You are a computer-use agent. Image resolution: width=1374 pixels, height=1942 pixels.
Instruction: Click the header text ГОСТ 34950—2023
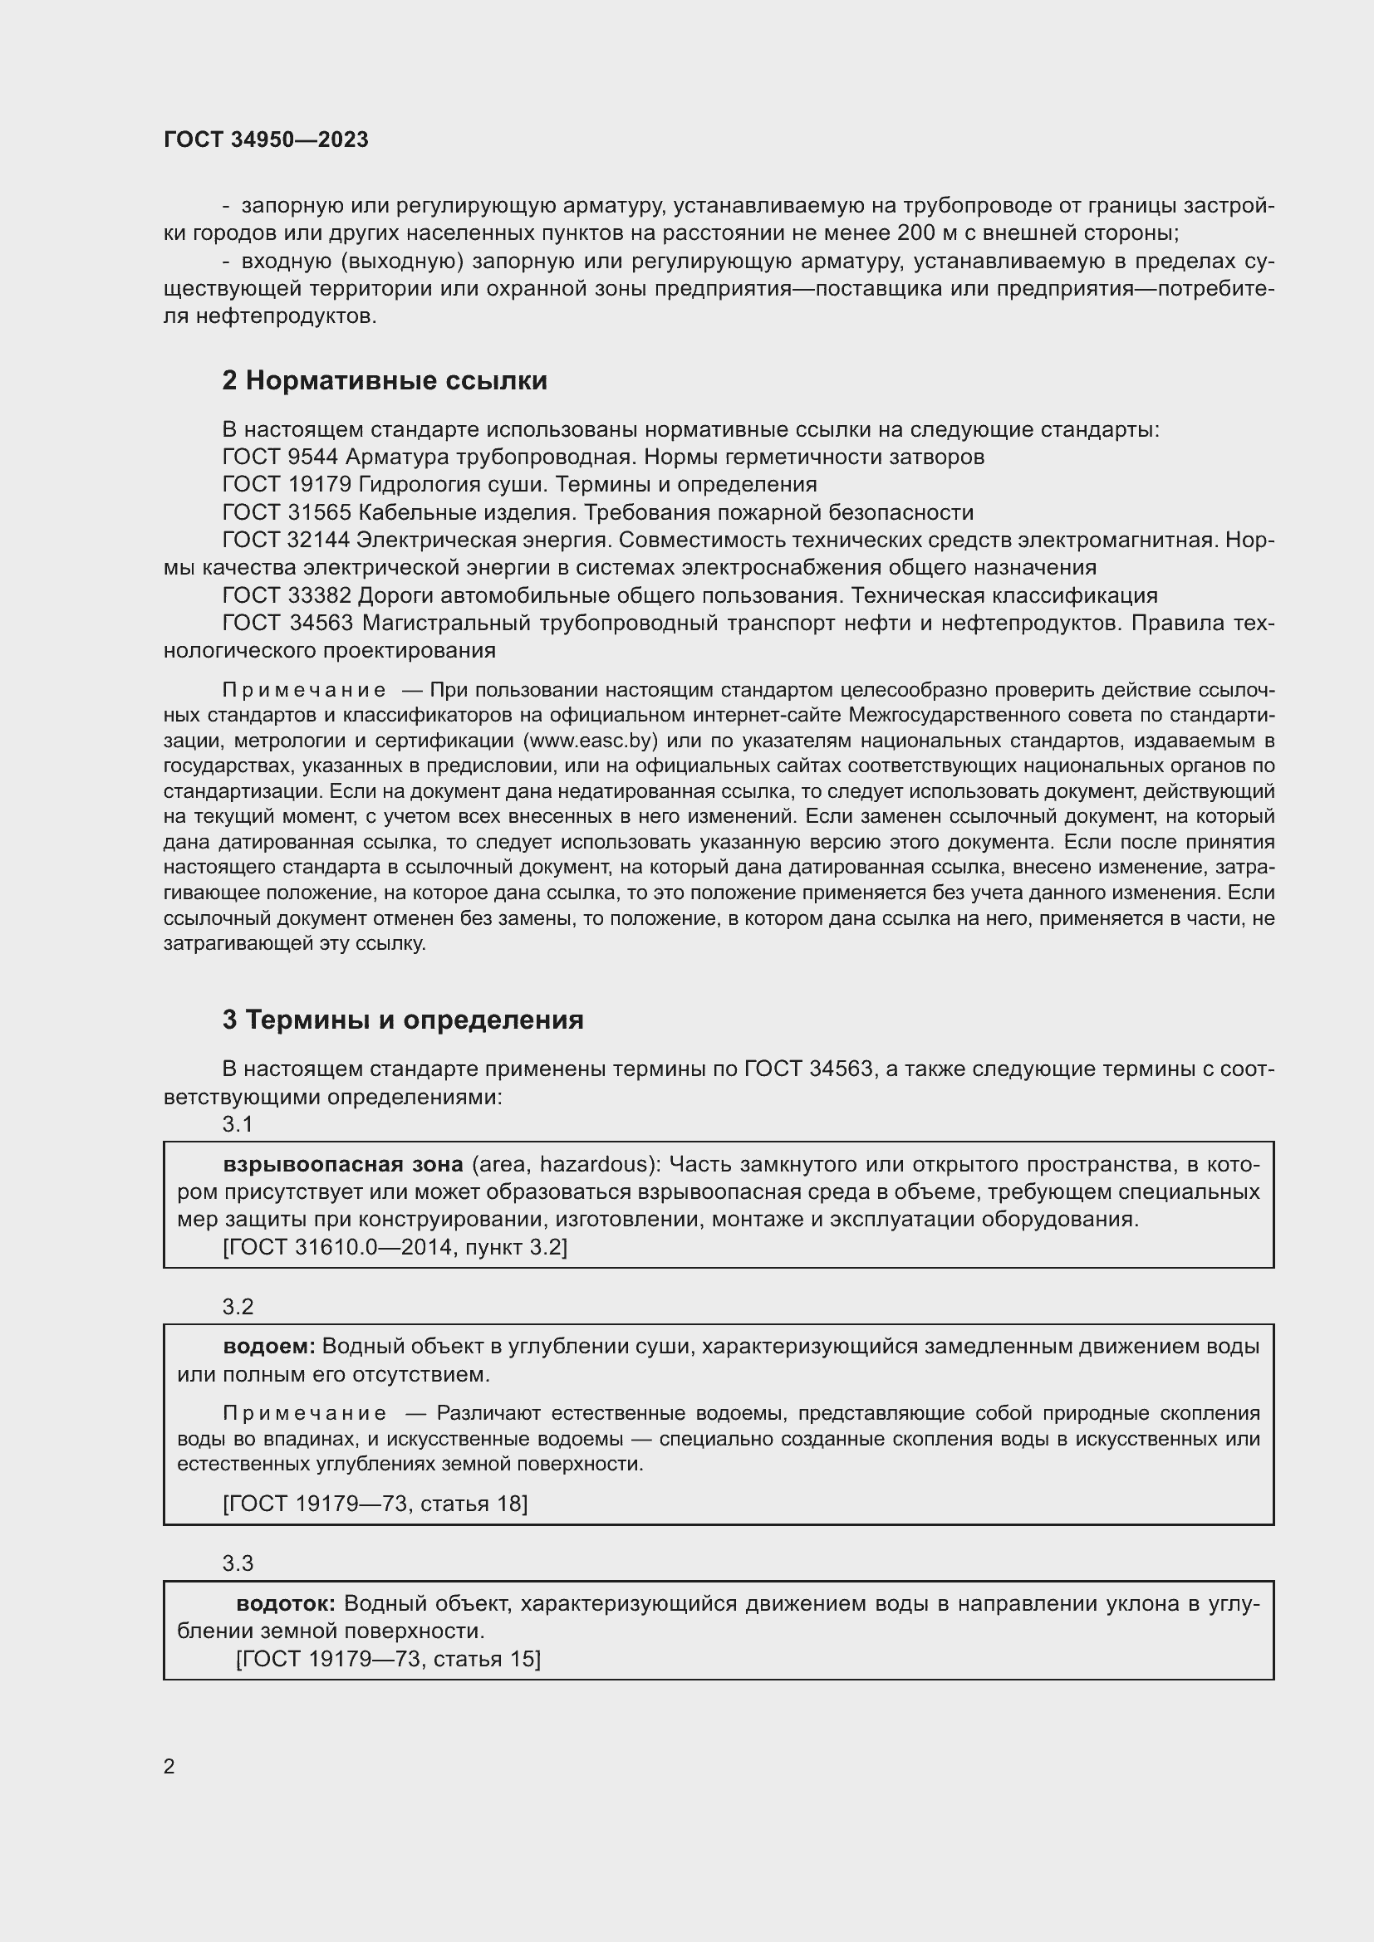pyautogui.click(x=266, y=140)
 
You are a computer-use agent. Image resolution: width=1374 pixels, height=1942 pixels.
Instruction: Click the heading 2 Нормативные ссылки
pyautogui.click(x=384, y=381)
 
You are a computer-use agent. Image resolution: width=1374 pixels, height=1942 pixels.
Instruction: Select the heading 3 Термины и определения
pyautogui.click(x=403, y=1020)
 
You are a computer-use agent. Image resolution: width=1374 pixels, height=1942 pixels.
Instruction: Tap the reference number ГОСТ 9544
pyautogui.click(x=279, y=457)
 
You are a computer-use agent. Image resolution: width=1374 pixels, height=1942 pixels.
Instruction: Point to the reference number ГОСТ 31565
pyautogui.click(x=287, y=512)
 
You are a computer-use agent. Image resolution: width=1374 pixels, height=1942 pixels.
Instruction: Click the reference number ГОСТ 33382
pyautogui.click(x=287, y=595)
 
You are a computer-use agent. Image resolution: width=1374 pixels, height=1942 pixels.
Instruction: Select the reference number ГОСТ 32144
pyautogui.click(x=286, y=540)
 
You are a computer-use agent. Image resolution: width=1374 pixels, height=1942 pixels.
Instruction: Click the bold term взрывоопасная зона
pyautogui.click(x=342, y=1165)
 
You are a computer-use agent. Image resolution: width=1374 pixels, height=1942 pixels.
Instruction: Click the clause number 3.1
pyautogui.click(x=238, y=1124)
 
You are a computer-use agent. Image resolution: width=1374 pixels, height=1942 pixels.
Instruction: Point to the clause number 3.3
pyautogui.click(x=238, y=1563)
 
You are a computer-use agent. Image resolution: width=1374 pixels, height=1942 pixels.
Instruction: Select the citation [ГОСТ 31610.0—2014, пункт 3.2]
pyautogui.click(x=395, y=1247)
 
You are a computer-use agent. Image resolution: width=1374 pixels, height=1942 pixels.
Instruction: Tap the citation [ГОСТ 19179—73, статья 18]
pyautogui.click(x=375, y=1503)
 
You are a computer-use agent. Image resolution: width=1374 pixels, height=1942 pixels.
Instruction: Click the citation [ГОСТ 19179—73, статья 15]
pyautogui.click(x=388, y=1659)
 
